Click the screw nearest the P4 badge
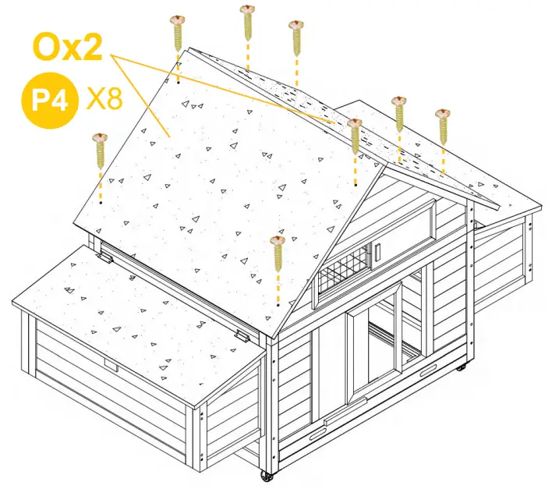100,150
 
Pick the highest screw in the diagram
247,21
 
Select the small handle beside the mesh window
376,253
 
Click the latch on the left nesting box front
111,366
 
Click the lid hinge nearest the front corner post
244,335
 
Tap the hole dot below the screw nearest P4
101,201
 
